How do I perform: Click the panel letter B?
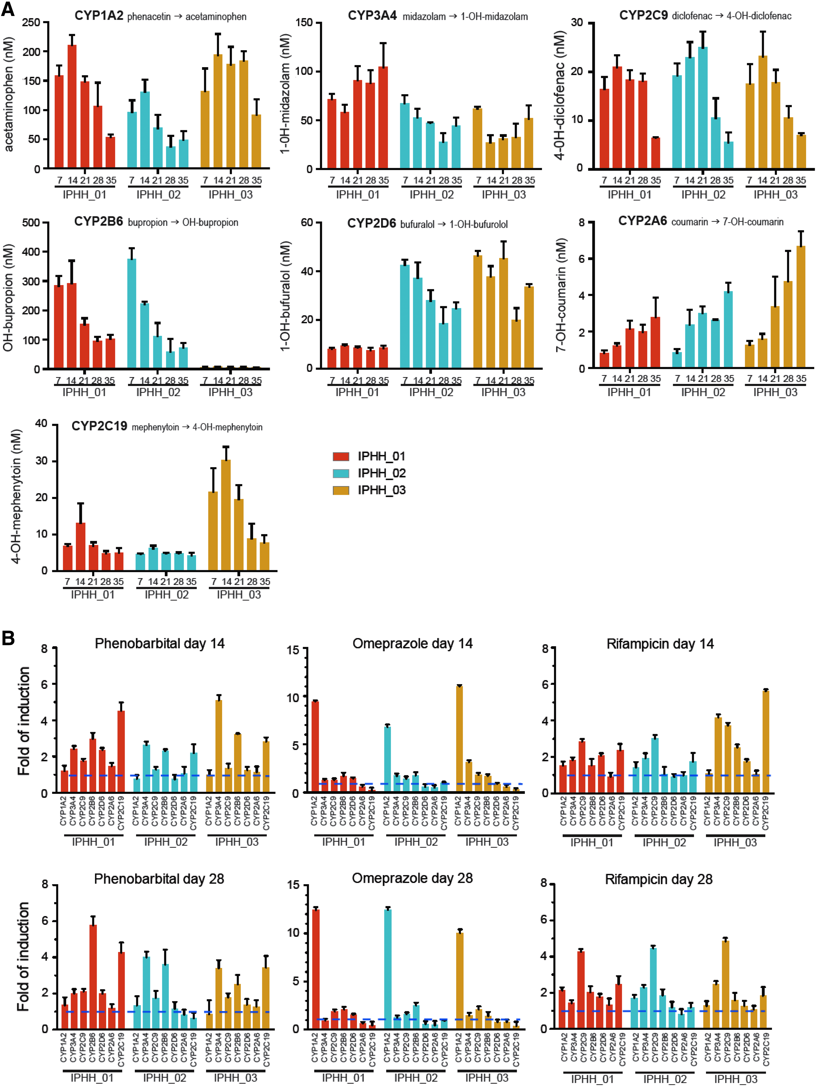8,638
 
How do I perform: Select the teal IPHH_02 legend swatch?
341,473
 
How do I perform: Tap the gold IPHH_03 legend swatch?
341,490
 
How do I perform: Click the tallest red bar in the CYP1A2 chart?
72,106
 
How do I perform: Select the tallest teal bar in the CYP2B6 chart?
132,313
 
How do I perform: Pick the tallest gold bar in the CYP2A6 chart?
801,307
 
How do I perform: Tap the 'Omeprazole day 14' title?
413,644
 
